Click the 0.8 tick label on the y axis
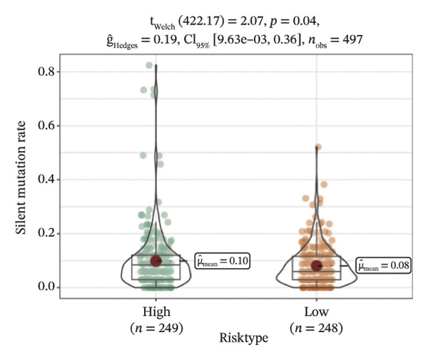46,71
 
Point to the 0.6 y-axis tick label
46,125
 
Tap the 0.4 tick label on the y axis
46,180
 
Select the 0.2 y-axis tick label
46,233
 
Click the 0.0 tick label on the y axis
46,287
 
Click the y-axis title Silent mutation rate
21,178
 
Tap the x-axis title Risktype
244,338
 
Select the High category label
156,312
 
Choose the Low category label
316,312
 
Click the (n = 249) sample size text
156,328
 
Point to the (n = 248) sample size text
316,328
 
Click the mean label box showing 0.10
222,261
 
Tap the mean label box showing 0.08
384,265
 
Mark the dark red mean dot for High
156,261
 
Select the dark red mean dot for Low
317,266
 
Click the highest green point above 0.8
149,65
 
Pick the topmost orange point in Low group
318,148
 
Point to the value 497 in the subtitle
352,39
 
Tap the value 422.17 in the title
201,21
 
